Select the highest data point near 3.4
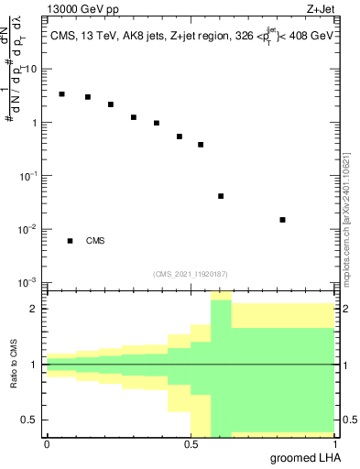[x=61, y=94]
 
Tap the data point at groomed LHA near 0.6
[x=221, y=196]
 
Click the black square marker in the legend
[x=70, y=241]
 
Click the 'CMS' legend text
[x=95, y=241]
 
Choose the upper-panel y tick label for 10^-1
[x=29, y=175]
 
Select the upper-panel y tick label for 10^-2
[x=29, y=228]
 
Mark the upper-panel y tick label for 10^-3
[x=29, y=281]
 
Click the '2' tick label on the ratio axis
[x=35, y=309]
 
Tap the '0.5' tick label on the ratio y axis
[x=29, y=420]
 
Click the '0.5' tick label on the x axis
[x=191, y=444]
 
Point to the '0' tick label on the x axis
[x=47, y=444]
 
